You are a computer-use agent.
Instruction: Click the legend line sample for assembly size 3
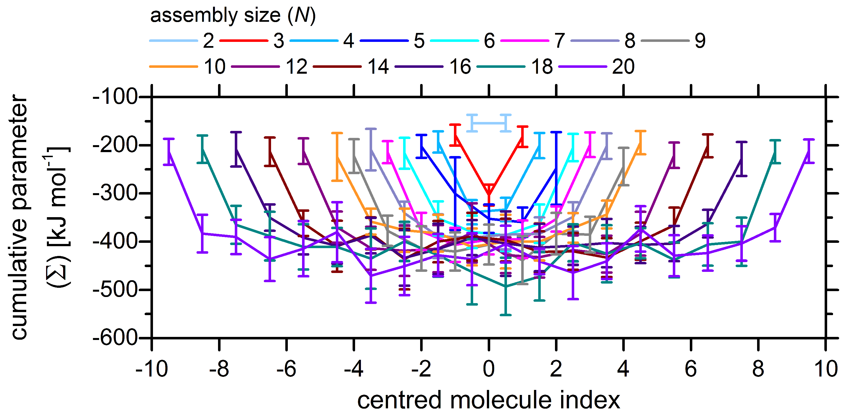pyautogui.click(x=243, y=41)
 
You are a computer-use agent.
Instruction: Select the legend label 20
pyautogui.click(x=623, y=66)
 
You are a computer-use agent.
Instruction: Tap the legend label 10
pyautogui.click(x=215, y=66)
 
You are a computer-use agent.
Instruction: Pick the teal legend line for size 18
pyautogui.click(x=501, y=66)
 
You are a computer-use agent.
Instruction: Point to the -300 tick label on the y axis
pyautogui.click(x=115, y=193)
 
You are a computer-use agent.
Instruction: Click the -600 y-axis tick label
pyautogui.click(x=115, y=338)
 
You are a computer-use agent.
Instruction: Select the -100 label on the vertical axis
pyautogui.click(x=115, y=97)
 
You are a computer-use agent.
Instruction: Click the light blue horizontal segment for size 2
pyautogui.click(x=489, y=123)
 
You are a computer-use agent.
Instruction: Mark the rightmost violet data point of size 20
pyautogui.click(x=809, y=151)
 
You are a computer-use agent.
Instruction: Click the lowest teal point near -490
pyautogui.click(x=505, y=286)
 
